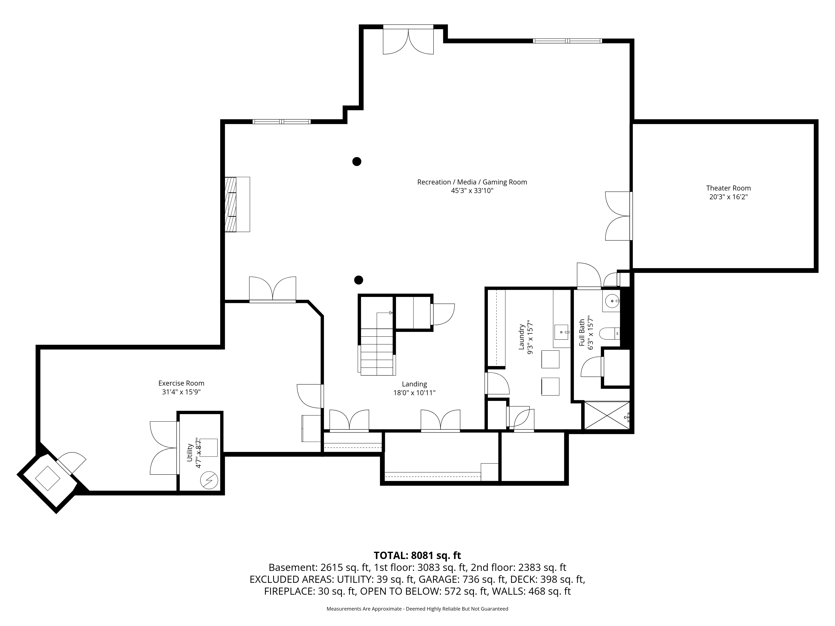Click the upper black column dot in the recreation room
[x=357, y=162]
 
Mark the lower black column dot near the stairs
[x=359, y=280]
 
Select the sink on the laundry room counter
[x=562, y=332]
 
